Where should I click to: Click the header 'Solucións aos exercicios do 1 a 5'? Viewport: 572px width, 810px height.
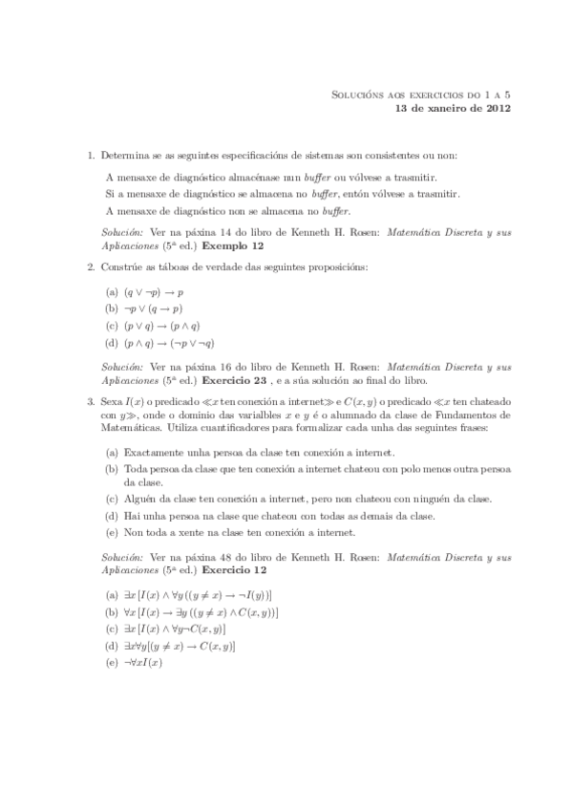pyautogui.click(x=421, y=95)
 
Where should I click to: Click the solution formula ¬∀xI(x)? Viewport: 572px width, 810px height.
pyautogui.click(x=140, y=662)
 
